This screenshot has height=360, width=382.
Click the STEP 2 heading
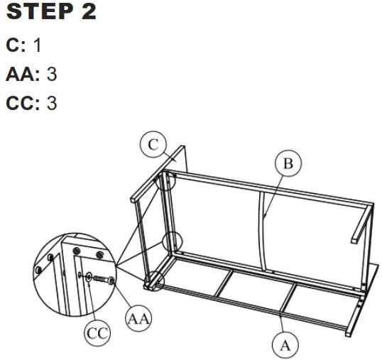click(x=50, y=13)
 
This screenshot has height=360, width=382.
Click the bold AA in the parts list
click(x=19, y=74)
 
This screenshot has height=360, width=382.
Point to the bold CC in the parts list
click(x=21, y=103)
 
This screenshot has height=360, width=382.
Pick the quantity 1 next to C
click(x=37, y=45)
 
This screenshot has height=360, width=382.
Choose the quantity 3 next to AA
click(x=51, y=74)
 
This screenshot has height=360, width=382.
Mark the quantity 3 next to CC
click(x=52, y=103)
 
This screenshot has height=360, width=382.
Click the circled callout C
click(x=153, y=145)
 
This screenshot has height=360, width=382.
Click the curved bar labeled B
click(x=266, y=227)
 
